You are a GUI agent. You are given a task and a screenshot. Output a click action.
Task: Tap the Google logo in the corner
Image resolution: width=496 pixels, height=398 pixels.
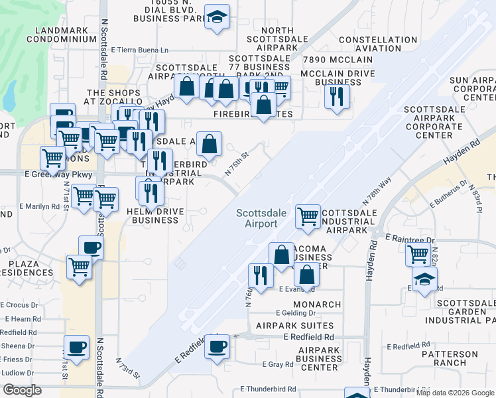(x=22, y=390)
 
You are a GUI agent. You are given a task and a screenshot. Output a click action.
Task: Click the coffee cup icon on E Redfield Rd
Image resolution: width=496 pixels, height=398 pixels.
(x=217, y=346)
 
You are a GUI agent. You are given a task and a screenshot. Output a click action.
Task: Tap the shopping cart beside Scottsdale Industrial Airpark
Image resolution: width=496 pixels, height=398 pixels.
(x=308, y=216)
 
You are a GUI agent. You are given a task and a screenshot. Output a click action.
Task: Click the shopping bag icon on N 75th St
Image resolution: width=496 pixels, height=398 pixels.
(x=209, y=144)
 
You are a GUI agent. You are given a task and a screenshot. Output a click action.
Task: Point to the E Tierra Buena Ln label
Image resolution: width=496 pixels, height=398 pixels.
(x=140, y=50)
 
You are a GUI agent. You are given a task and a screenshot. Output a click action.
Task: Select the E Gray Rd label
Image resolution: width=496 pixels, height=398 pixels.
(x=277, y=364)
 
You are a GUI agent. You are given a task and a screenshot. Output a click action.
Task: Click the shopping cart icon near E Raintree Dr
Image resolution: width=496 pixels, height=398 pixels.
(x=418, y=254)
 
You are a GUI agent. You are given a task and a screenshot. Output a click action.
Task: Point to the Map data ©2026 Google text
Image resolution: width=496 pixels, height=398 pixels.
(x=455, y=392)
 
